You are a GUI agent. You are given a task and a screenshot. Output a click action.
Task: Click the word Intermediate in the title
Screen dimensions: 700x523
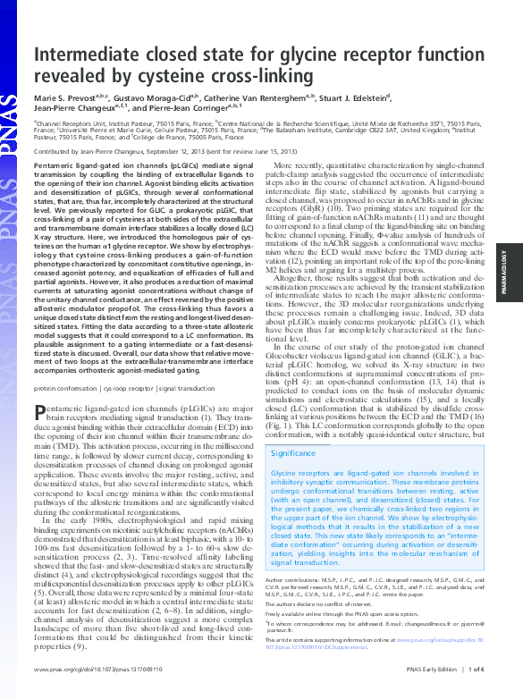tap(87, 56)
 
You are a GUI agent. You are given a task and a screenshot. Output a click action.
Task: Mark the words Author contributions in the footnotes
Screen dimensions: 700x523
tap(296, 579)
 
